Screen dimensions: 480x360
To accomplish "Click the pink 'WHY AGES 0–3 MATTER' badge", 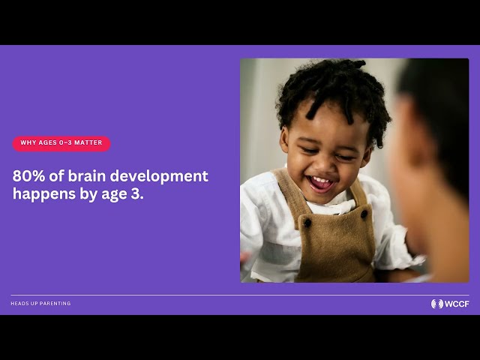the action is point(61,143).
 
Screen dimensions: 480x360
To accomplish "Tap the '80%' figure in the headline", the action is point(28,176).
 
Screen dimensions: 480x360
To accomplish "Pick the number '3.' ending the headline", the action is point(137,194).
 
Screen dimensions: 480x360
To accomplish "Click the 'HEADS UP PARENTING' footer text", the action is point(40,303).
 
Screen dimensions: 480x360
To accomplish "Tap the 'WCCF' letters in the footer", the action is point(457,304).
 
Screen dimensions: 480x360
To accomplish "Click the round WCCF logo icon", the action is point(436,304).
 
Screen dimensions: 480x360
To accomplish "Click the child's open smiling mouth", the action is point(320,183).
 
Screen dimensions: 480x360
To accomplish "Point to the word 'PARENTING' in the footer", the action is point(56,303).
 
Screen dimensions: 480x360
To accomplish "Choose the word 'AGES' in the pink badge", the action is point(47,142).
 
